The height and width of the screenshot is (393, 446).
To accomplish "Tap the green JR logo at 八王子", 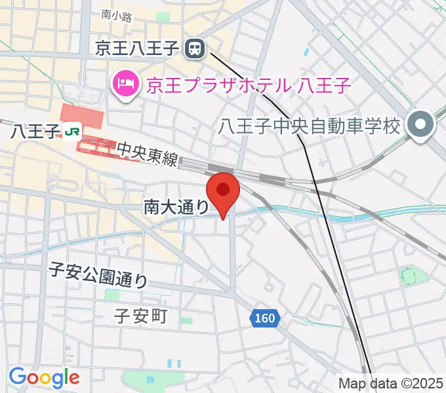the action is click(x=71, y=131).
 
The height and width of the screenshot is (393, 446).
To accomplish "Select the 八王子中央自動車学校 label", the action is click(x=310, y=124).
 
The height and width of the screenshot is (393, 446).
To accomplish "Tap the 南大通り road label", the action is click(x=176, y=207).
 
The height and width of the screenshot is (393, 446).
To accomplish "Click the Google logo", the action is click(x=44, y=377).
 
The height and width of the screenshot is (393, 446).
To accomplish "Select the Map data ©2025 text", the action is click(x=390, y=383).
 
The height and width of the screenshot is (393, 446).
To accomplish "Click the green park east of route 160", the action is click(x=410, y=277).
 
